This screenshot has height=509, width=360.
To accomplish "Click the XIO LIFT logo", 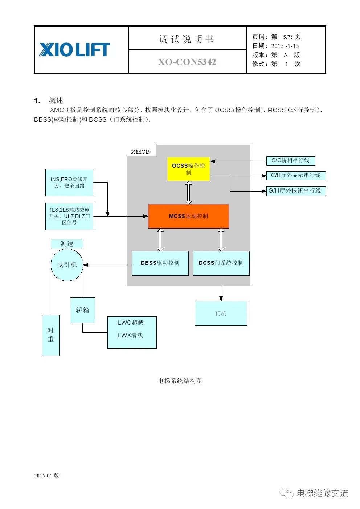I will [x=74, y=50].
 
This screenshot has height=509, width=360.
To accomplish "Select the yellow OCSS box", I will [x=188, y=169].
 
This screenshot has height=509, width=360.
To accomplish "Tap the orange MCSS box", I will [x=188, y=216].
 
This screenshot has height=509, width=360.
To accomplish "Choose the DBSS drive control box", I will [x=160, y=263].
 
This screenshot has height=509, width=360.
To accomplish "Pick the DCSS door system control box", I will [x=221, y=263].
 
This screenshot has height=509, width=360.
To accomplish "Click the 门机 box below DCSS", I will [x=221, y=313].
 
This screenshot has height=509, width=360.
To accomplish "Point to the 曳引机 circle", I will [x=67, y=265].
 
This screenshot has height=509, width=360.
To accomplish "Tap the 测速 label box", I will [x=67, y=244].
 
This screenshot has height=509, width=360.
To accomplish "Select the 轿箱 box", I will [x=83, y=310].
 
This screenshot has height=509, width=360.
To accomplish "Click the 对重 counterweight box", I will [x=50, y=335].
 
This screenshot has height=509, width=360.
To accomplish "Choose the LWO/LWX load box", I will [x=132, y=332].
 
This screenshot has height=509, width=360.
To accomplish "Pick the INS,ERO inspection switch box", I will [x=69, y=182].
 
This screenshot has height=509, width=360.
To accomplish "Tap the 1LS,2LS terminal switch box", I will [x=69, y=216].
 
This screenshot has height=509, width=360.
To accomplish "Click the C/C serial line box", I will [x=290, y=161].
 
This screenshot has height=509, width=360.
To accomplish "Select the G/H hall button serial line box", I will [x=295, y=191].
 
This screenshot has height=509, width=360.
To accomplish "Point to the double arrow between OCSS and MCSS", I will [x=188, y=193].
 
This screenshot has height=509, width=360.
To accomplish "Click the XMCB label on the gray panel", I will [x=140, y=152].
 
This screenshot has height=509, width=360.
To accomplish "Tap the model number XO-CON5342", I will [x=187, y=62].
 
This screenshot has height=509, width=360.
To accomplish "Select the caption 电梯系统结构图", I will [x=180, y=381].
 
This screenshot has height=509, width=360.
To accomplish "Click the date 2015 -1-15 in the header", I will [x=285, y=46].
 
